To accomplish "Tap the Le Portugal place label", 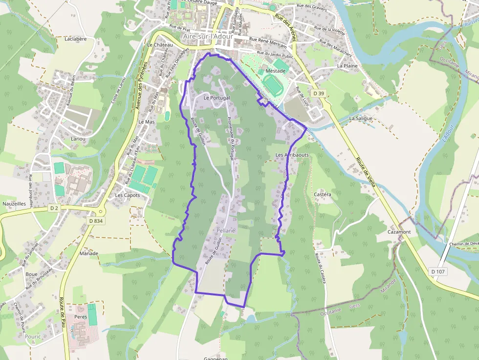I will coord(217,98).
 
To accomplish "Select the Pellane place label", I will coord(225,230).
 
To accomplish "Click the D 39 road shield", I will coord(319,93).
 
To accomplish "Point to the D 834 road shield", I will coord(96,221).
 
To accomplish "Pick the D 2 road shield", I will coord(54,208).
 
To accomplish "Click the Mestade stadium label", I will coord(276,71).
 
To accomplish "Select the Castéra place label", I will coord(323,194).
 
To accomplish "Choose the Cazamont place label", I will coord(399,232).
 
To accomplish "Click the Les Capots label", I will coord(127,195).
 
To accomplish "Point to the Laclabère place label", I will coord(75,39).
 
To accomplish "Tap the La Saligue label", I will coord(361,119).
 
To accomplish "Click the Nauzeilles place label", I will coord(14,204).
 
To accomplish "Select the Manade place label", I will coord(89,254).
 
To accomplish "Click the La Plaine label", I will coord(348,66).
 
